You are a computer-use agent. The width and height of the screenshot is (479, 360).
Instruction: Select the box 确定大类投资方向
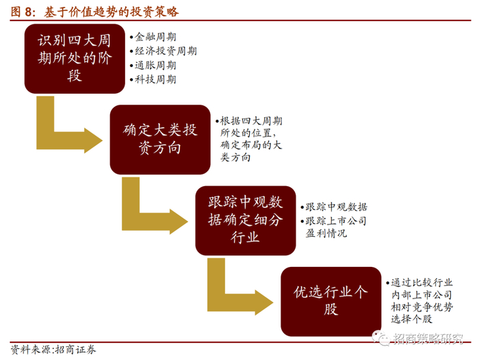click(160, 140)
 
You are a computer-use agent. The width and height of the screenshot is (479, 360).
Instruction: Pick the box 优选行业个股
click(331, 300)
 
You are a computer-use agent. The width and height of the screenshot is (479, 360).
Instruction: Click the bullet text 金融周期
click(155, 37)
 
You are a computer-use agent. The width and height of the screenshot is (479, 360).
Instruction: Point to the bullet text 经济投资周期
click(166, 51)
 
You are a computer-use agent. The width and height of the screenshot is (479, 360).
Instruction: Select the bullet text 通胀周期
click(155, 65)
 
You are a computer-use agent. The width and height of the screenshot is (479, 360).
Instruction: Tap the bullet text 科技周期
click(155, 79)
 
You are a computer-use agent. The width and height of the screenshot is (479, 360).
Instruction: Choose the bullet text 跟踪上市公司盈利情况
click(336, 227)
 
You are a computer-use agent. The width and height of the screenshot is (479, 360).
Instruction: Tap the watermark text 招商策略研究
click(429, 339)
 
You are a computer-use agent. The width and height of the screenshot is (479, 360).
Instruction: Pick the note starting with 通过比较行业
click(422, 300)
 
